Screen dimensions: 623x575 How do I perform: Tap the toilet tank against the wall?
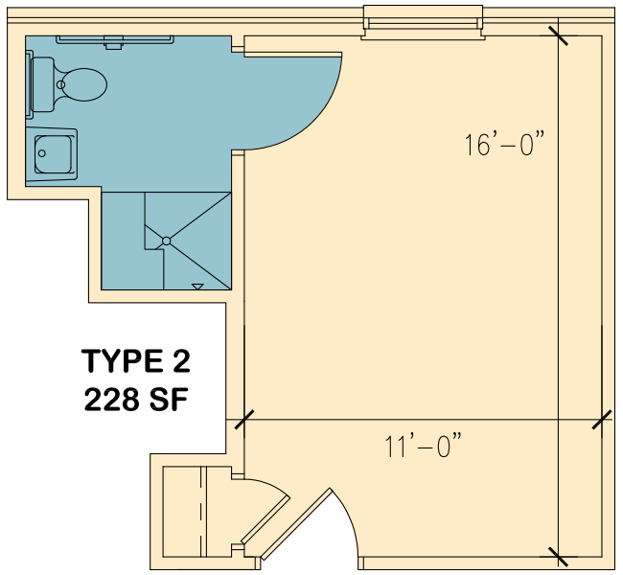pyautogui.click(x=42, y=84)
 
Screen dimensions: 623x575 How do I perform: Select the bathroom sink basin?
pyautogui.click(x=54, y=154)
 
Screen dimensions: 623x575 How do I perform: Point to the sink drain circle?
pyautogui.click(x=42, y=153)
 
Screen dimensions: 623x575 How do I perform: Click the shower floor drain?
pyautogui.click(x=167, y=241)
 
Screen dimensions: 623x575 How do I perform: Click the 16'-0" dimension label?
pyautogui.click(x=504, y=144)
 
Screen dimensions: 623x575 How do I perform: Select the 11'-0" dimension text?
pyautogui.click(x=424, y=446)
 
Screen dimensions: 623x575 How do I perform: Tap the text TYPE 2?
pyautogui.click(x=136, y=361)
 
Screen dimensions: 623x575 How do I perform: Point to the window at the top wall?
pyautogui.click(x=423, y=23)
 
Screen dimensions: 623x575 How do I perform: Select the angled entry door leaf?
pyautogui.click(x=295, y=524)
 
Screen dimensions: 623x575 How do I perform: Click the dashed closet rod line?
pyautogui.click(x=201, y=512)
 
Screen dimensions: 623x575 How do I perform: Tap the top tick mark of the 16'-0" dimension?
pyautogui.click(x=558, y=36)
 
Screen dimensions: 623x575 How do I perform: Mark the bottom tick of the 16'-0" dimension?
pyautogui.click(x=558, y=557)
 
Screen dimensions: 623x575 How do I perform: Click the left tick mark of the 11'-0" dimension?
pyautogui.click(x=244, y=420)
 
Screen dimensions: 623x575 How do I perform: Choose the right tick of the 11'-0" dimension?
pyautogui.click(x=602, y=420)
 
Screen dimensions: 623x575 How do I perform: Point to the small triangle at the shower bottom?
pyautogui.click(x=197, y=287)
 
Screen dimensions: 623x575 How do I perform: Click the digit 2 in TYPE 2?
pyautogui.click(x=182, y=361)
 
